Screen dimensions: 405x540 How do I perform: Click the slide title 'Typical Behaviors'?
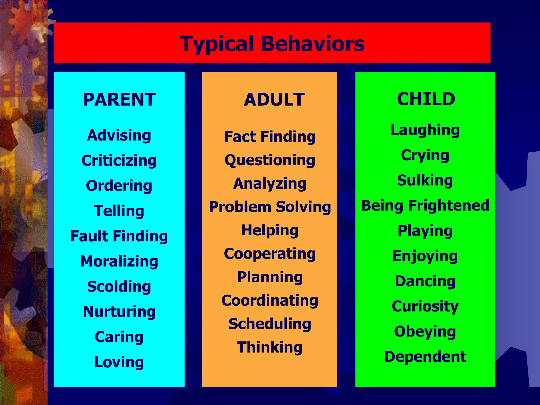[272, 44]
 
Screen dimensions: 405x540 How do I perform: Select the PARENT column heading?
[119, 99]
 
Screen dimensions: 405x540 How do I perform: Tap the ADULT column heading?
[274, 99]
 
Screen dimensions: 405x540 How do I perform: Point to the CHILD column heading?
[426, 99]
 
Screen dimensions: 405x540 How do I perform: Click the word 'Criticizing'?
[119, 161]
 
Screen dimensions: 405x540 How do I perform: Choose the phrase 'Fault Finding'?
[119, 236]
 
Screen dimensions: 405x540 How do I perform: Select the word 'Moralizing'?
[119, 261]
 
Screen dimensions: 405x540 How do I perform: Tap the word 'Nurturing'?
[119, 312]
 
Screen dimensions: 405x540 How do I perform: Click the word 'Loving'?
[119, 362]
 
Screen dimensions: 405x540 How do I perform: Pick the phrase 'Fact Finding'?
[270, 137]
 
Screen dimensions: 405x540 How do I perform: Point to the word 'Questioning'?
[270, 160]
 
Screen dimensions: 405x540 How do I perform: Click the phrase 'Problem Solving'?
[270, 207]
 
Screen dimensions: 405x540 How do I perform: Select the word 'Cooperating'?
[270, 254]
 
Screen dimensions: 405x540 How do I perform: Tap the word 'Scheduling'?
[270, 324]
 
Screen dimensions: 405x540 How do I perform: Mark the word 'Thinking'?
[270, 347]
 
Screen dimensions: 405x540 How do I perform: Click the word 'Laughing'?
[425, 130]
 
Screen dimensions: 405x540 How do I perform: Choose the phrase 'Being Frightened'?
[425, 205]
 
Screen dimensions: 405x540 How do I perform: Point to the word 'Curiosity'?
[425, 306]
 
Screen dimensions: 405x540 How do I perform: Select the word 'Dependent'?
[425, 357]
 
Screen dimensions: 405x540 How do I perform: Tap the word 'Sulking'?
[425, 180]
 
